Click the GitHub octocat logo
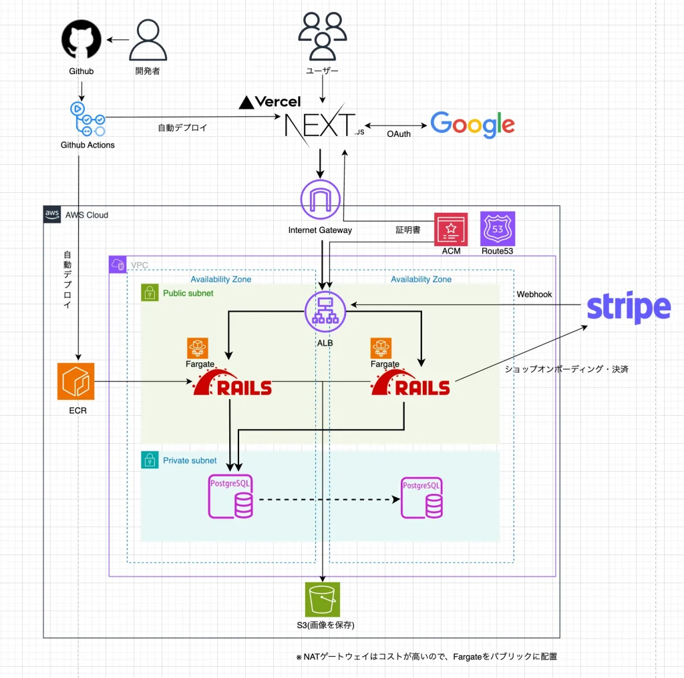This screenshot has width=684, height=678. [81, 40]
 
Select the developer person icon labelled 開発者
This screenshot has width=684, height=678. [147, 40]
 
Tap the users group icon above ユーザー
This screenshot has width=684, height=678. [323, 37]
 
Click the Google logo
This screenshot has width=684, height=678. [472, 125]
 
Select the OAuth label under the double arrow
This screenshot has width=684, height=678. [399, 134]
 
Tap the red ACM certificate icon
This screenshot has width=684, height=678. [451, 229]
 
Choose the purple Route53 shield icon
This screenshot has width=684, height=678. [498, 229]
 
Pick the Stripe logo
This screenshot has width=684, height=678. [629, 308]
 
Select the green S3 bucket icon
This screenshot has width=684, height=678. [323, 599]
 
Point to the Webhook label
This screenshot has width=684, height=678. [534, 294]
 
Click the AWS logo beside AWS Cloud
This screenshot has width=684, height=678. [52, 214]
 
